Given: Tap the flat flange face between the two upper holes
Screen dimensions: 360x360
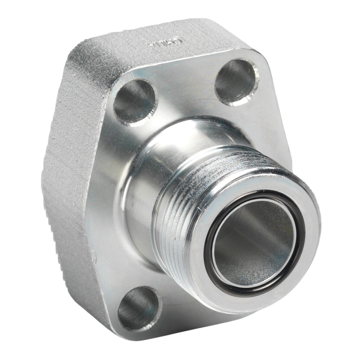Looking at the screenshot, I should pos(187,87).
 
